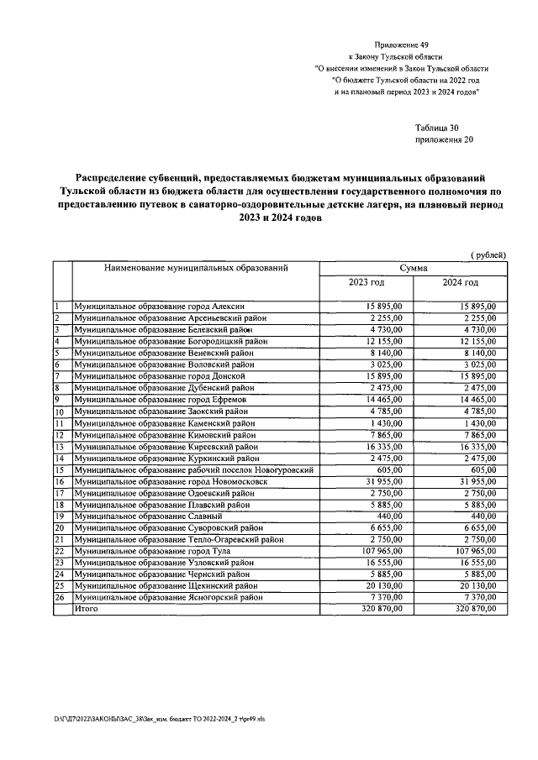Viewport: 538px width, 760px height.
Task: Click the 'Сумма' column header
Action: tap(413, 268)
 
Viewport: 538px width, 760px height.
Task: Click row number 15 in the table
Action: tap(61, 471)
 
